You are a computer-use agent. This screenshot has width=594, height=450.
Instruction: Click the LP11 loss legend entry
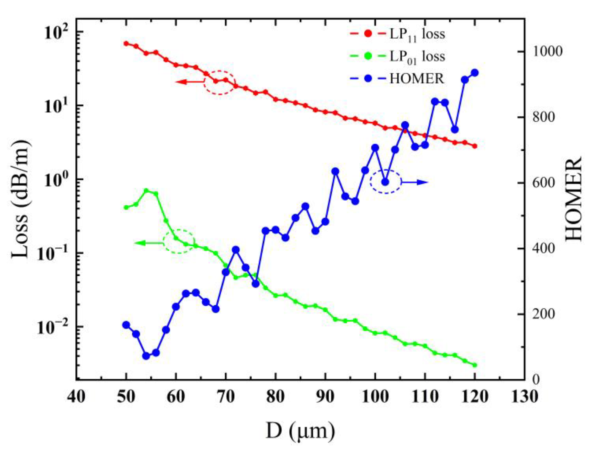397,35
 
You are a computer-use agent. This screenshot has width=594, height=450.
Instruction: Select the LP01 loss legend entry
397,57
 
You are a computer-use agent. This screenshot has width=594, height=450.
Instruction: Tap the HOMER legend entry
397,79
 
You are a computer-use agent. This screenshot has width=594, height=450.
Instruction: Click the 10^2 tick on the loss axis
54,31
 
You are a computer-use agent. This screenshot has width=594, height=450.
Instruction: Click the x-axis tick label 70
226,397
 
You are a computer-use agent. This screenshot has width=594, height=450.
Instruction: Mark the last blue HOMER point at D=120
475,73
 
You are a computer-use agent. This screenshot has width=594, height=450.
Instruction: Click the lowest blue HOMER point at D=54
146,356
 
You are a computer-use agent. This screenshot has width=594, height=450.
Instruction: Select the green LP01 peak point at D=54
146,191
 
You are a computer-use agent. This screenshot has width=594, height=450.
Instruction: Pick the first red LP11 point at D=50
126,44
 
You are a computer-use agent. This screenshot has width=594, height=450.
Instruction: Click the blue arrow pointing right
415,183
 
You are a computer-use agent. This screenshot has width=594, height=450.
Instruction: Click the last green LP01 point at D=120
475,365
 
